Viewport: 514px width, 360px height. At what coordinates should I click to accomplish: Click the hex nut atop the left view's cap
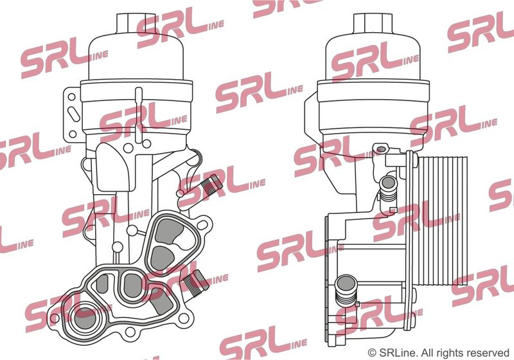tap(136, 24)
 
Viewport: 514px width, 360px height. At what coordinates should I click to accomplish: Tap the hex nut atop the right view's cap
tap(373, 24)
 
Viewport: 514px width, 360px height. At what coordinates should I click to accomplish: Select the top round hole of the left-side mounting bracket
tap(71, 96)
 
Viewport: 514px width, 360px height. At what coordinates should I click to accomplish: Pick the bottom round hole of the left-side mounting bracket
tap(73, 134)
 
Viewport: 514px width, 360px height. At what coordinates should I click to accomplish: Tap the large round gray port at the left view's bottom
tap(85, 318)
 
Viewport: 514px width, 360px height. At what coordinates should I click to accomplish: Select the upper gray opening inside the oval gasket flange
tap(168, 232)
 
